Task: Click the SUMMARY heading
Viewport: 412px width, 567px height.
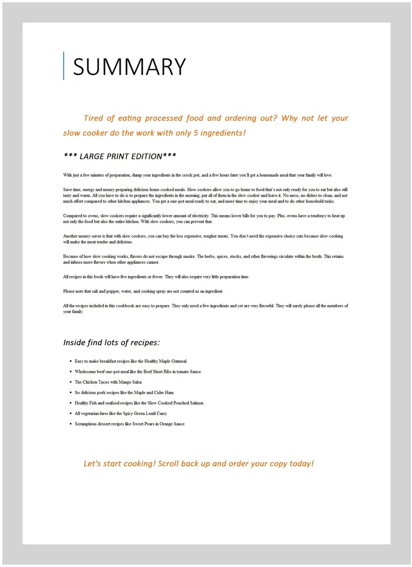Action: pyautogui.click(x=129, y=66)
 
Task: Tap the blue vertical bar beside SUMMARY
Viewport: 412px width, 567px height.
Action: pyautogui.click(x=64, y=66)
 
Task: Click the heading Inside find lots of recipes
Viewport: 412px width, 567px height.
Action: pyautogui.click(x=111, y=342)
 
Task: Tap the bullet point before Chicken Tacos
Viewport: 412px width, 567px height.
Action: pyautogui.click(x=70, y=382)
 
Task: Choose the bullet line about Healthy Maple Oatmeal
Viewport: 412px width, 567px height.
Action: pyautogui.click(x=130, y=361)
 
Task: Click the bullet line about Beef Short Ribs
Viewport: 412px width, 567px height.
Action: pyautogui.click(x=138, y=371)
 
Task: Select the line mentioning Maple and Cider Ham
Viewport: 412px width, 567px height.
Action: pyautogui.click(x=124, y=392)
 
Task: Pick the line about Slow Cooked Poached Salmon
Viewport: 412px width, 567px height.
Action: pyautogui.click(x=139, y=403)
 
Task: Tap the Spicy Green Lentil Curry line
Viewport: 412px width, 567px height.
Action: pyautogui.click(x=121, y=413)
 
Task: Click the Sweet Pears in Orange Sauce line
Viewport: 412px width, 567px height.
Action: pyautogui.click(x=129, y=424)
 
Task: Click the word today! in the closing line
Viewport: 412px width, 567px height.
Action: pyautogui.click(x=301, y=464)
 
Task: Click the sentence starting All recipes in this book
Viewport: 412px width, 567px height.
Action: pyautogui.click(x=156, y=277)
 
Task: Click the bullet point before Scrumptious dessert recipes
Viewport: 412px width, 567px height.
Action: pyautogui.click(x=70, y=424)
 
